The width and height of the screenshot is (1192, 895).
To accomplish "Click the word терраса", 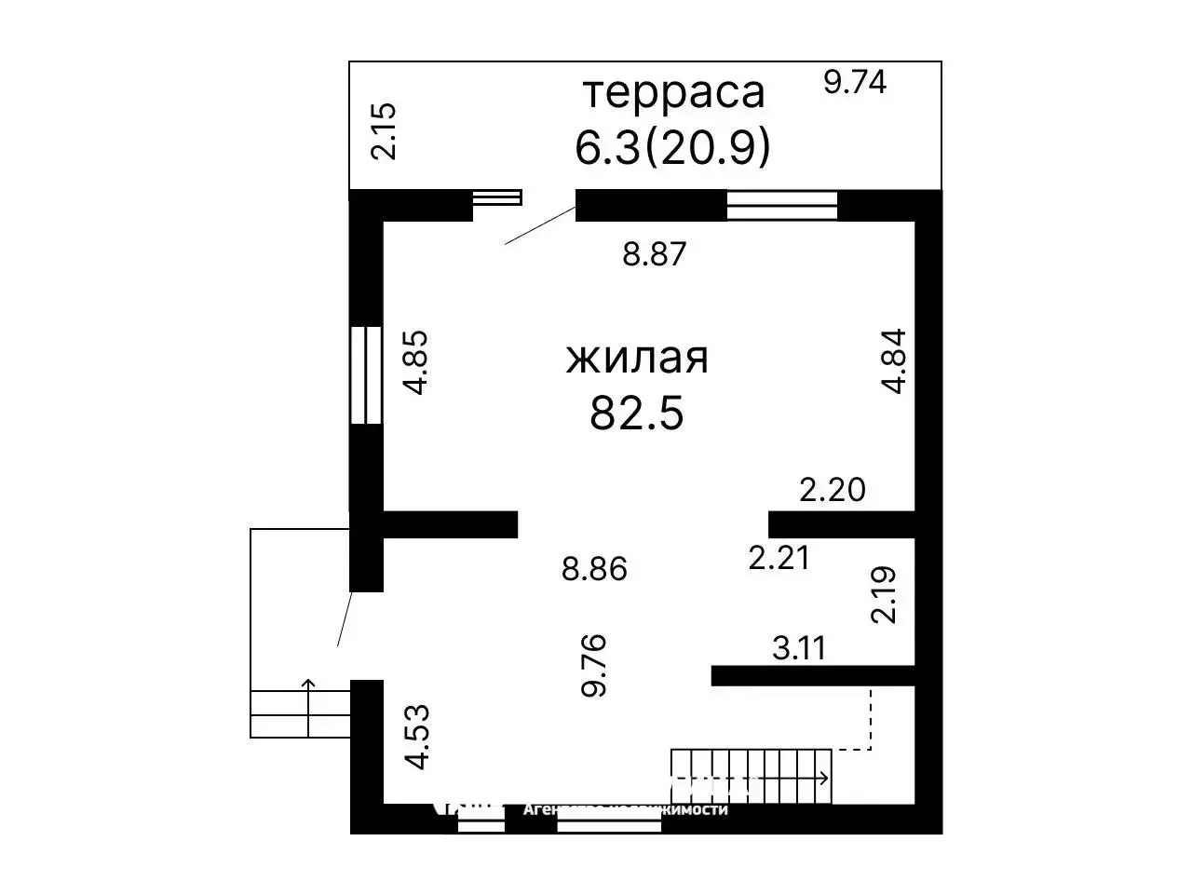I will point(673,92).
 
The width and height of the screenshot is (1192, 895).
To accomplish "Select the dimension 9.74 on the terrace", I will point(855,82).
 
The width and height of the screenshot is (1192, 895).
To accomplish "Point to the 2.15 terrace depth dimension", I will point(383,130).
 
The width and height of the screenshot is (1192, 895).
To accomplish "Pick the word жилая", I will point(637,359).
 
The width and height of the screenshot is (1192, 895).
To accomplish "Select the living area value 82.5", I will point(637,413).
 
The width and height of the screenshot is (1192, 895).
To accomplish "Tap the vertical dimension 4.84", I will point(894,361).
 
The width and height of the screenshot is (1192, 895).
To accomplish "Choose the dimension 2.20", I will point(833,489).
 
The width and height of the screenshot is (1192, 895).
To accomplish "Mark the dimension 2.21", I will point(779,557).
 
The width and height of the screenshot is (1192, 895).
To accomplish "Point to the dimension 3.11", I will point(799,647).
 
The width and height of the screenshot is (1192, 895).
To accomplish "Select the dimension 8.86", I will point(594,568).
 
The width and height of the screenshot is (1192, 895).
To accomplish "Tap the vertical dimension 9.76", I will point(593,665).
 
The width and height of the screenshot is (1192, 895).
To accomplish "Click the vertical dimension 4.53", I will point(417,737).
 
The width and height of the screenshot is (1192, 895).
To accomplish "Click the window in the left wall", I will point(366,374).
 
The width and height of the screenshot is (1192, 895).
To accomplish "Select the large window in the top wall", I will point(781,205).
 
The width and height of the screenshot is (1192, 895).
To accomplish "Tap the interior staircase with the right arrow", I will point(752,776).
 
